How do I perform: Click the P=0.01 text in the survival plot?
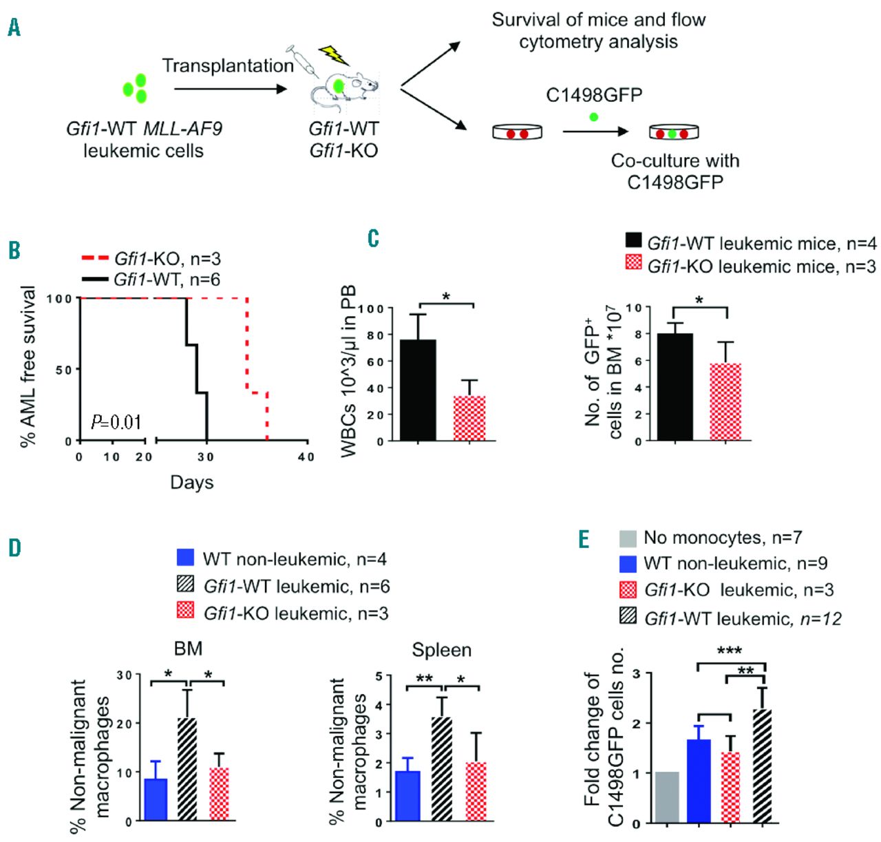pyautogui.click(x=116, y=421)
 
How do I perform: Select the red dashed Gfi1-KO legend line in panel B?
pyautogui.click(x=95, y=259)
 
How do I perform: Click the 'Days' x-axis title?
pyautogui.click(x=191, y=482)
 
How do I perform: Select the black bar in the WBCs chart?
pyautogui.click(x=418, y=390)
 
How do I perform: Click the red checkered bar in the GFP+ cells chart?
pyautogui.click(x=725, y=402)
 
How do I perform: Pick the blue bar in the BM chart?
pyautogui.click(x=156, y=799)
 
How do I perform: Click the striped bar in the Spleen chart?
pyautogui.click(x=442, y=768)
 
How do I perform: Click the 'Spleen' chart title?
pyautogui.click(x=441, y=650)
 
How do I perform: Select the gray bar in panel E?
pyautogui.click(x=667, y=797)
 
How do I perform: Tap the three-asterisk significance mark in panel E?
pyautogui.click(x=730, y=651)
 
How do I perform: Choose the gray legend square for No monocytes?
pyautogui.click(x=628, y=538)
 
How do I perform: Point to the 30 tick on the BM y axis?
pyautogui.click(x=124, y=675)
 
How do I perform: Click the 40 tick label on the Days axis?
pyautogui.click(x=306, y=456)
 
